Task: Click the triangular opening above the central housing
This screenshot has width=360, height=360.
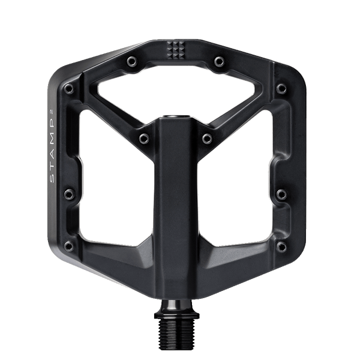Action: tap(175, 89)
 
